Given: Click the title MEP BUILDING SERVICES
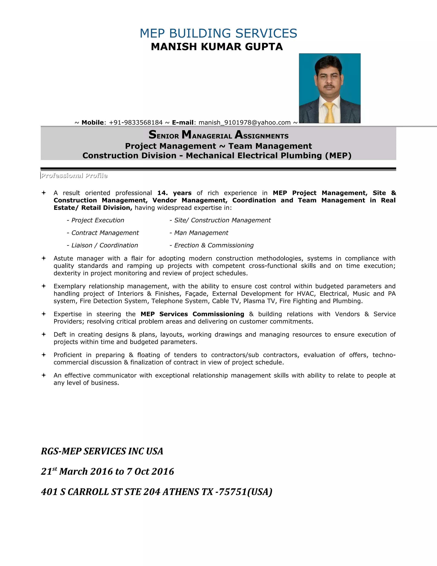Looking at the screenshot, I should coord(218,34).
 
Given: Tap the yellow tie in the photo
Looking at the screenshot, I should coord(329,112).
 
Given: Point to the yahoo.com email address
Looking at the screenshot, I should coord(244,123).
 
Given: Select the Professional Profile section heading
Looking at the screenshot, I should coord(74,176).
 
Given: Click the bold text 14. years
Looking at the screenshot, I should coord(174,193).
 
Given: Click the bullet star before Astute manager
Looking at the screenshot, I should coord(44,258).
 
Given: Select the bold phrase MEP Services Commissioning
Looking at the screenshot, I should coord(192,314).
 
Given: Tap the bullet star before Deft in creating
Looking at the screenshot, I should coord(44,334).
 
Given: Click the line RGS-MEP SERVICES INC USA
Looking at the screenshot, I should coord(102,451).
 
